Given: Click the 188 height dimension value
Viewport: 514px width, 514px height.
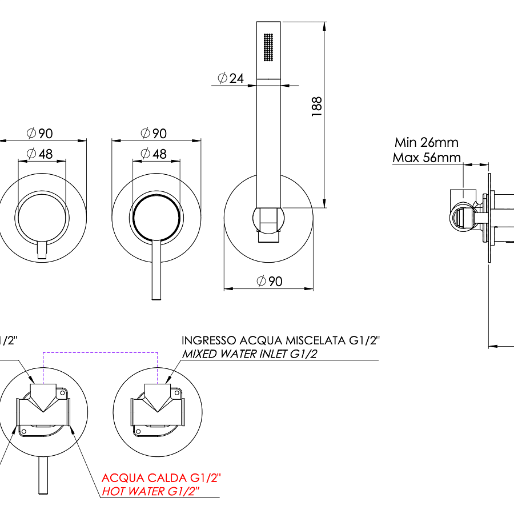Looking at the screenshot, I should [x=318, y=107].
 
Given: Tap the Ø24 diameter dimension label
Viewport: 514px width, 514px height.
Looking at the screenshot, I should [x=231, y=78].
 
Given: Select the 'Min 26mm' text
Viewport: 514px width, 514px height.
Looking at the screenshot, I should [x=426, y=142].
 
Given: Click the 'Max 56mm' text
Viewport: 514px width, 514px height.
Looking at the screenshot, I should [x=426, y=157].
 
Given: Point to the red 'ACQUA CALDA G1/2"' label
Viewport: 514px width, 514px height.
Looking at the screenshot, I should [x=161, y=477].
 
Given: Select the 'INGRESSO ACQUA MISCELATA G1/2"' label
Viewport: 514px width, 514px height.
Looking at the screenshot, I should [x=280, y=341].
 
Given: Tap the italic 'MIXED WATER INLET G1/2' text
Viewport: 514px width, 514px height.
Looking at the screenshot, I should [x=250, y=354].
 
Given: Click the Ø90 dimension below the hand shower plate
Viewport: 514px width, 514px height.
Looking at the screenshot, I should [x=270, y=281].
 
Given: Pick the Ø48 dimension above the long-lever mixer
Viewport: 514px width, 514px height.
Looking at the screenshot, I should [x=154, y=154].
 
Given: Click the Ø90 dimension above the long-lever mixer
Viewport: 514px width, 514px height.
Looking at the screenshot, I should [x=154, y=133].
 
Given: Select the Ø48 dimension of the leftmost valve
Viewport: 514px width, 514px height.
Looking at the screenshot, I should [x=39, y=154].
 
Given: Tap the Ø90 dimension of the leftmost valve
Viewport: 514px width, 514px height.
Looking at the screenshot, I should [x=39, y=133].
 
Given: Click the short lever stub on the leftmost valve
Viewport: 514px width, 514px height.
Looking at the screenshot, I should [x=42, y=250].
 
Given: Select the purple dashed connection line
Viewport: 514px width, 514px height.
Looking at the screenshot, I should [x=99, y=354].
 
